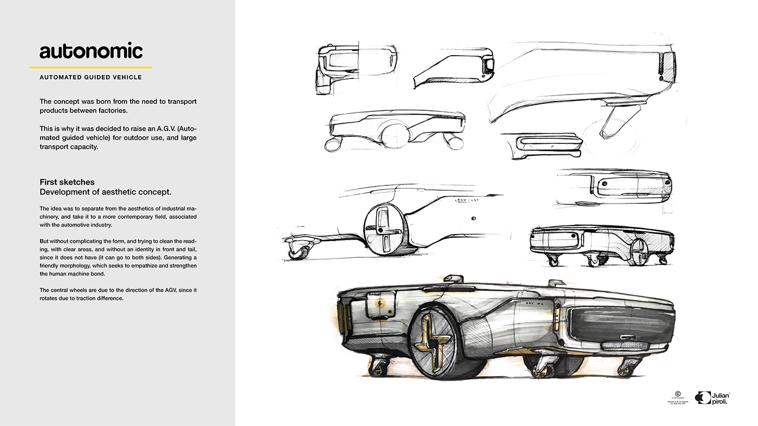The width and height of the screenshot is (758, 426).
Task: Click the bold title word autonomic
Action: point(91,51)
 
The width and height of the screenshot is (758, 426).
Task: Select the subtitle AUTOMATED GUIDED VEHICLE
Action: point(90,77)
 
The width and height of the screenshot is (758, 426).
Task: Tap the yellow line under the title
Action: point(90,68)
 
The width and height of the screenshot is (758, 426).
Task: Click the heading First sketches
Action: point(67,182)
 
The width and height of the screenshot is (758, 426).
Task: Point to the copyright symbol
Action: point(676,394)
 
